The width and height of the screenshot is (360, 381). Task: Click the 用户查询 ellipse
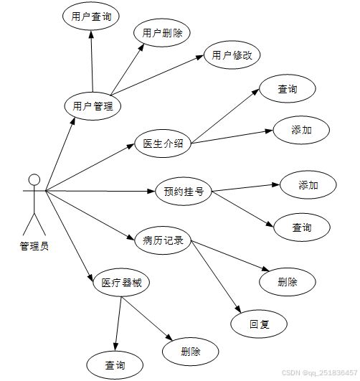(91, 17)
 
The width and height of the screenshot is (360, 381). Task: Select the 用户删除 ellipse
(162, 33)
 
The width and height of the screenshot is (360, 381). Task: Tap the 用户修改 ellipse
(232, 55)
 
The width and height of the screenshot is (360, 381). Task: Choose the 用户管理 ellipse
(93, 106)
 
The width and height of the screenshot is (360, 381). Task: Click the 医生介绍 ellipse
(163, 144)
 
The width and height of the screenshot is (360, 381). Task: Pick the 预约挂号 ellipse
(184, 192)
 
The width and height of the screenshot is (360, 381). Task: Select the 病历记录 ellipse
(163, 240)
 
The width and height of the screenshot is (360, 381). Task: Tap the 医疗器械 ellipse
(121, 283)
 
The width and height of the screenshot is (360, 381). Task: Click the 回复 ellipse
(259, 324)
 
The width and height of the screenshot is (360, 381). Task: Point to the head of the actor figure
(34, 180)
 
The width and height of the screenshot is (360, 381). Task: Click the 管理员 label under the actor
(34, 246)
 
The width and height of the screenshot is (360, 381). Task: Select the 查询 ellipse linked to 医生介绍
(288, 89)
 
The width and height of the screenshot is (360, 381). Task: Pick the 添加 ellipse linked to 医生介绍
(301, 130)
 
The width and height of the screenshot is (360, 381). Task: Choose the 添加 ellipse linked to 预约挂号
(308, 185)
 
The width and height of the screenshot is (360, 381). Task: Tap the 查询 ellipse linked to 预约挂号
(302, 227)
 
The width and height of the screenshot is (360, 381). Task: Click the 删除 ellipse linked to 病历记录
(288, 282)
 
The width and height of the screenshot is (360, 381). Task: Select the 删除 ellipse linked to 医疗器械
(191, 352)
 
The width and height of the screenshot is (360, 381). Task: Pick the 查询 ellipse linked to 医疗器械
(115, 365)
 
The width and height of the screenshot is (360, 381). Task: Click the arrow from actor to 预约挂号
(100, 192)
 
